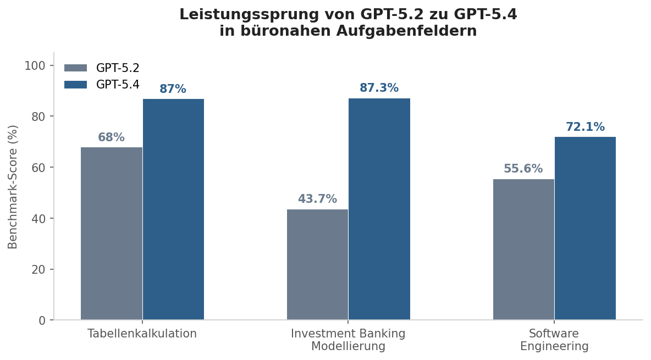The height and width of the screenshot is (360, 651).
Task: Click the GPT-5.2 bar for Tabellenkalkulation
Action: click(112, 234)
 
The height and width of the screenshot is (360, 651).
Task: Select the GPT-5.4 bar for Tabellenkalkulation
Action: click(173, 209)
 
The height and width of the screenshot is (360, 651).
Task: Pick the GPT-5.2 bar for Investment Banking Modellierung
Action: click(317, 264)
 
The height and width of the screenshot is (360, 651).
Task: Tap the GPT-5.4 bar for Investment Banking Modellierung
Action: click(379, 209)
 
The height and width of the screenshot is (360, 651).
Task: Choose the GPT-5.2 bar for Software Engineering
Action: click(523, 250)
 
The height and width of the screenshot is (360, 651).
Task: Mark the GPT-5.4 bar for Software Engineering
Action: click(585, 228)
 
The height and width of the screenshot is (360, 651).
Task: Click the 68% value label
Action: click(111, 138)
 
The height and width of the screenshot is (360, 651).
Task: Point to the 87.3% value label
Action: click(379, 88)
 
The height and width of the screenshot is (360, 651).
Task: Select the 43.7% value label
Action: click(317, 200)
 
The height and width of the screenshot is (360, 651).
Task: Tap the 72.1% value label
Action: click(585, 128)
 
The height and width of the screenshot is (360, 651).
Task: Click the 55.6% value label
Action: click(523, 169)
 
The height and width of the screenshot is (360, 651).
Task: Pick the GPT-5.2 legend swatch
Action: click(75, 68)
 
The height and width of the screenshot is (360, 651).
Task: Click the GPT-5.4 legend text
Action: click(118, 85)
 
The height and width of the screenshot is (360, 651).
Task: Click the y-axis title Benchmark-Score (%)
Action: click(13, 187)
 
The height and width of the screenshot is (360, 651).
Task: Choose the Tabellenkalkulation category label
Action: click(142, 334)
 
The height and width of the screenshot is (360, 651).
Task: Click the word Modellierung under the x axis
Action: click(348, 346)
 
